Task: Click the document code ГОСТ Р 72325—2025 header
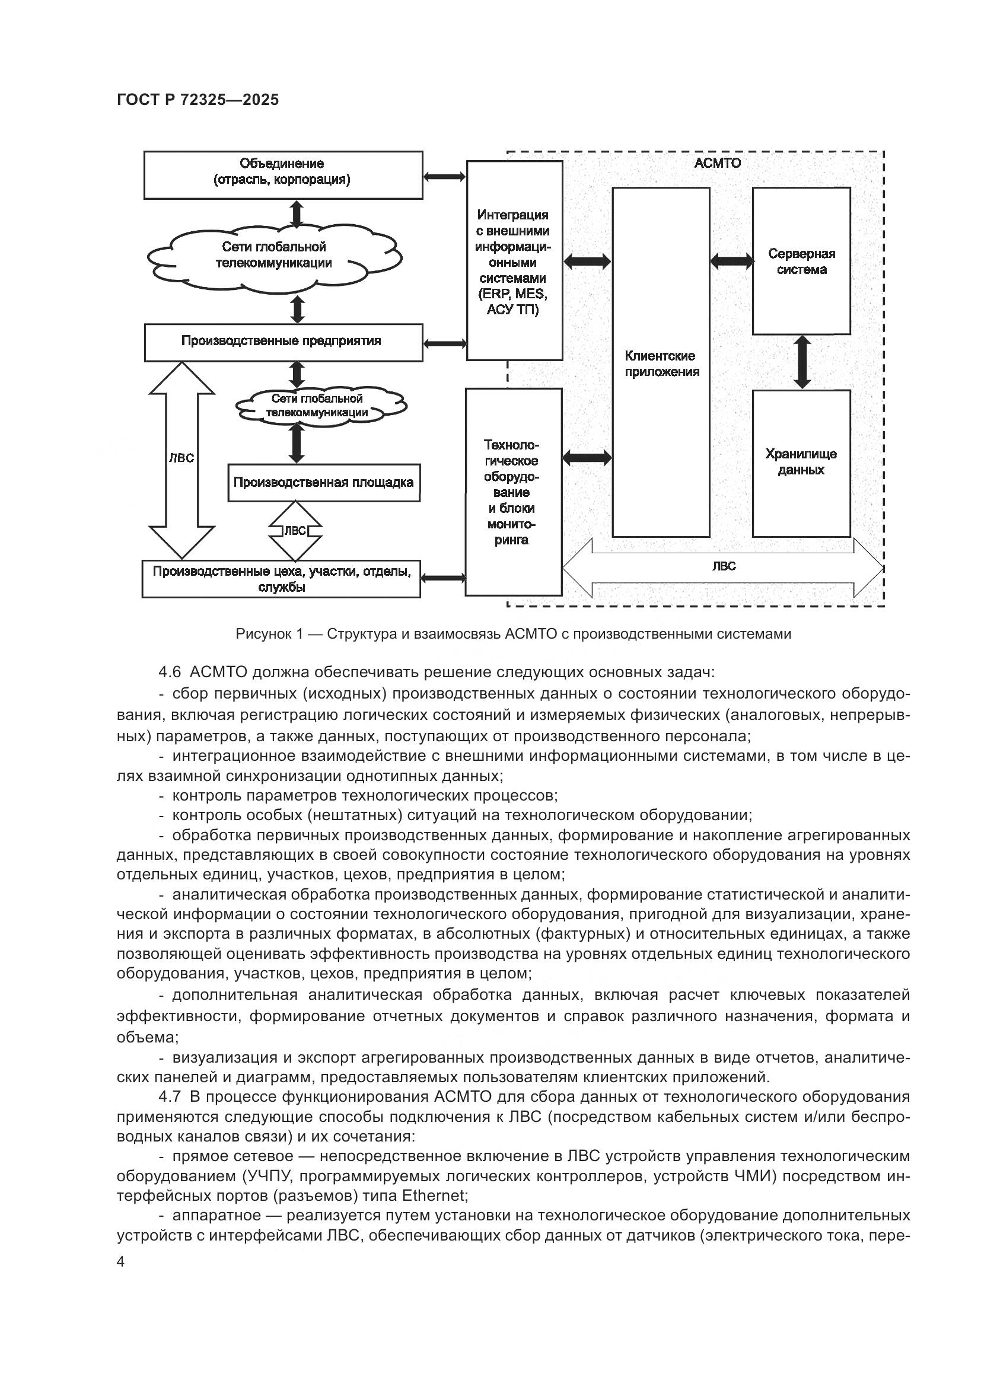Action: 198,100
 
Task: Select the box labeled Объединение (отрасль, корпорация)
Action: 283,174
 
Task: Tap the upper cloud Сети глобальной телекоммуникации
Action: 274,256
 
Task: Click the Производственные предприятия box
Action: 283,342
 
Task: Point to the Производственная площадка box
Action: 324,483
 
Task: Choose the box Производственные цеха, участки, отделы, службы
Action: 282,579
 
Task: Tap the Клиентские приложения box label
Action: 661,364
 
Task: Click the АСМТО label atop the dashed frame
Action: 717,163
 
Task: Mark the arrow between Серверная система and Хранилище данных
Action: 802,362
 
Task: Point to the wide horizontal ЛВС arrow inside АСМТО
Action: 723,567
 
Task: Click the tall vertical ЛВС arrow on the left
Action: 182,459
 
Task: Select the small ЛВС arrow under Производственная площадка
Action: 295,531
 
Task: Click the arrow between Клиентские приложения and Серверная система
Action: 731,261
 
